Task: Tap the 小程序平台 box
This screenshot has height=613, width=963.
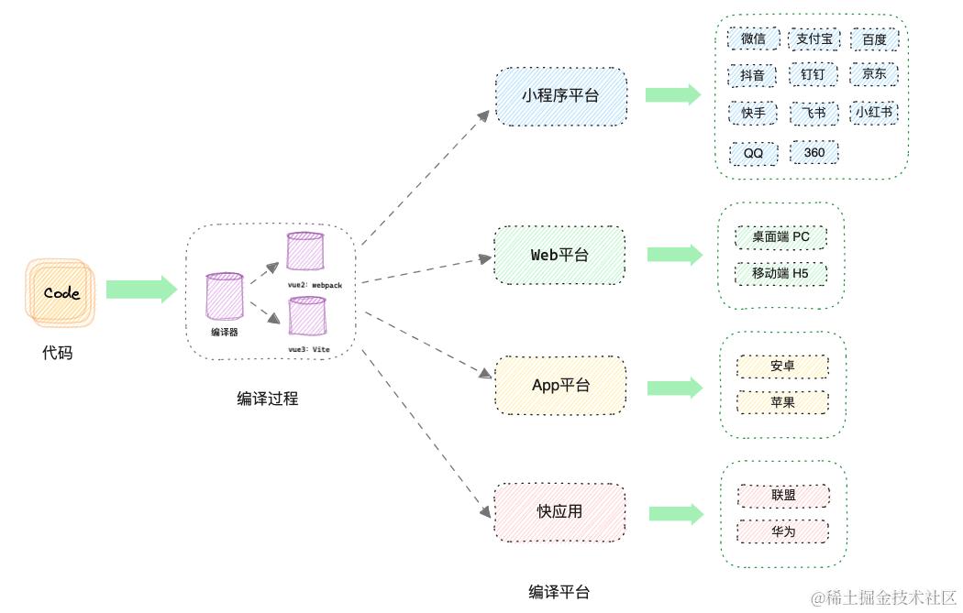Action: (560, 95)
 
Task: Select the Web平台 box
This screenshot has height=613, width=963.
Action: (560, 255)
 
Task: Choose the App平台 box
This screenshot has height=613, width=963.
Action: (560, 385)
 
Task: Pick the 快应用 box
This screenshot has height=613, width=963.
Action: (560, 511)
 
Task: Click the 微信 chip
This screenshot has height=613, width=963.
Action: (754, 38)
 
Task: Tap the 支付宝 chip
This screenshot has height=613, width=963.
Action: (814, 38)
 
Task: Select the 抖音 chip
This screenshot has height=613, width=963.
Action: (753, 75)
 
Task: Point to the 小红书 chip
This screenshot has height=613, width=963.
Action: (874, 113)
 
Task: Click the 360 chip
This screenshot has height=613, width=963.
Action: (814, 153)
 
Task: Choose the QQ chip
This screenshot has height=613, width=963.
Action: (753, 153)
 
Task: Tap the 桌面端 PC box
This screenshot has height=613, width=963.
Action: (780, 237)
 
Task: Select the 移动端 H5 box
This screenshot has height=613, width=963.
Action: (780, 274)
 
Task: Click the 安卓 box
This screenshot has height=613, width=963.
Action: (782, 367)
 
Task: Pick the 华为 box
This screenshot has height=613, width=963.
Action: (782, 531)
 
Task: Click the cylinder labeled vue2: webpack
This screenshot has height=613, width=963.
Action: (304, 251)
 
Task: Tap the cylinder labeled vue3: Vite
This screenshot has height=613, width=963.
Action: (306, 316)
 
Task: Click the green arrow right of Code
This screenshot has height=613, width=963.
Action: (140, 290)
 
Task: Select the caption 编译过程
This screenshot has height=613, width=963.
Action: (268, 399)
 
